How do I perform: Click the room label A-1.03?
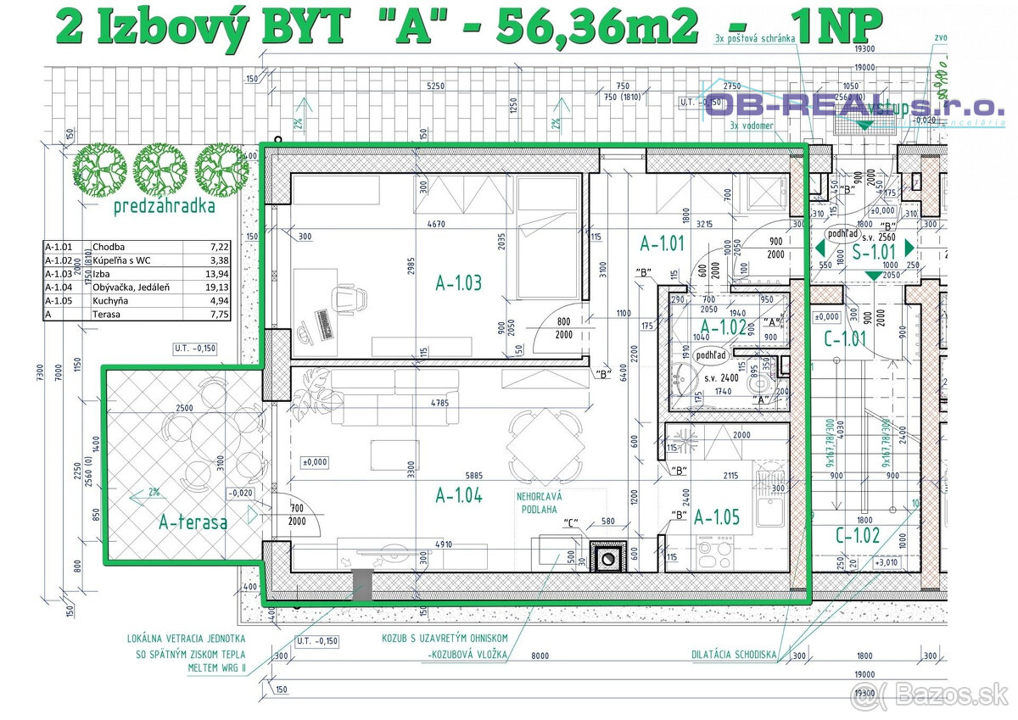tap(458, 283)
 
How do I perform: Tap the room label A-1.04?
tap(458, 495)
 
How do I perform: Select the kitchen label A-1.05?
tap(718, 516)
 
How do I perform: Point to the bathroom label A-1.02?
tap(722, 327)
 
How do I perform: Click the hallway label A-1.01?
tap(661, 244)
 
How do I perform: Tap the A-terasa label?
tap(193, 522)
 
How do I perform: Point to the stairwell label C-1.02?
tap(857, 535)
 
